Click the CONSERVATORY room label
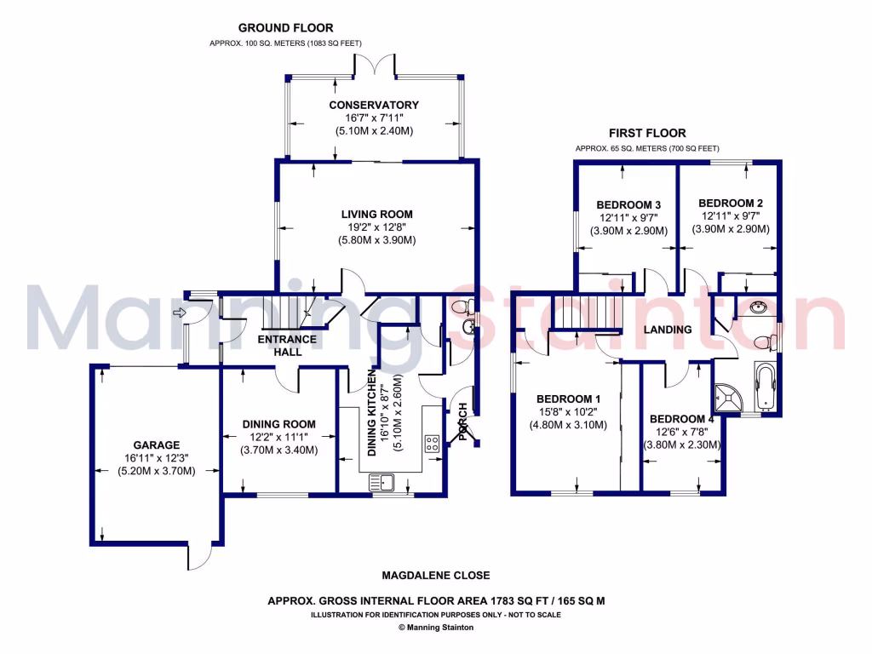pyautogui.click(x=374, y=105)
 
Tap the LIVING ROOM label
pyautogui.click(x=376, y=214)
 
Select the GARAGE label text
pyautogui.click(x=156, y=445)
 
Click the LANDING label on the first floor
pyautogui.click(x=667, y=330)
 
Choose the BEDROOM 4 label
pyautogui.click(x=682, y=419)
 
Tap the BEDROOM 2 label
pyautogui.click(x=730, y=203)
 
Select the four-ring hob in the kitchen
pyautogui.click(x=432, y=443)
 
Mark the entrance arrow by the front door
pyautogui.click(x=179, y=313)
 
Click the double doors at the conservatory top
pyautogui.click(x=376, y=66)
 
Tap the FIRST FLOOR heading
pyautogui.click(x=646, y=133)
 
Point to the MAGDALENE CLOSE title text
pyautogui.click(x=435, y=576)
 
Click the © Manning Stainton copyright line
pyautogui.click(x=436, y=627)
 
